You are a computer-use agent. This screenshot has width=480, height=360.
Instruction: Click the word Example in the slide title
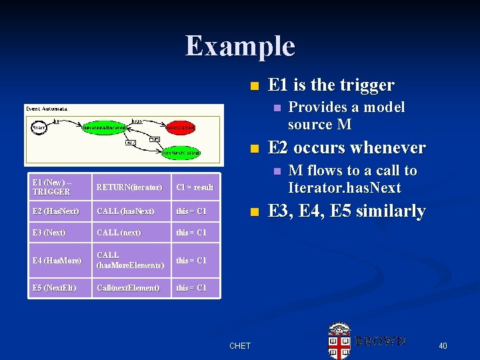click(240, 45)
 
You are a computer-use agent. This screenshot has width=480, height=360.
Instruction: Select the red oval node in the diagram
click(181, 127)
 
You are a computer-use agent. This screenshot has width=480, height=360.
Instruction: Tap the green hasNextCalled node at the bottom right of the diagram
click(181, 153)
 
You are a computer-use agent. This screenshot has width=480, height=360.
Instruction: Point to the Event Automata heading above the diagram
click(47, 108)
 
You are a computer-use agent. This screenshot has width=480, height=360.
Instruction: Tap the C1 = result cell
click(194, 187)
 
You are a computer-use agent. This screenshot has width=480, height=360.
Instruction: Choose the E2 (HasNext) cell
click(56, 211)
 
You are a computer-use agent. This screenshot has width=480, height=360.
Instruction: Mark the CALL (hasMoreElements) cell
click(130, 260)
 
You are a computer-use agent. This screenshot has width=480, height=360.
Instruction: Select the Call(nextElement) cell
click(128, 287)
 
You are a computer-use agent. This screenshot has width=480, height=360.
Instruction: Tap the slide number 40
click(443, 345)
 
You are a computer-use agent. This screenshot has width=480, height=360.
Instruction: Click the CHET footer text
click(240, 345)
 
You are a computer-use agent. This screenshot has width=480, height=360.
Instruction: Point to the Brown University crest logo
click(339, 341)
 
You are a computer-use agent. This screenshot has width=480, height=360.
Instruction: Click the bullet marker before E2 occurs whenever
click(253, 148)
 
